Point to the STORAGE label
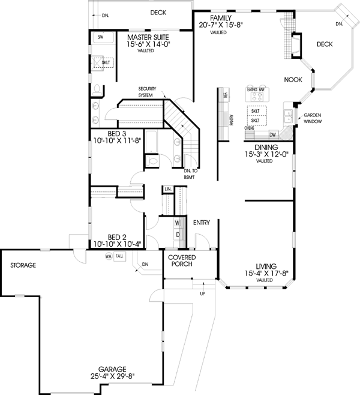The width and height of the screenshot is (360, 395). point(23,265)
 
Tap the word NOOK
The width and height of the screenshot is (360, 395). point(293,79)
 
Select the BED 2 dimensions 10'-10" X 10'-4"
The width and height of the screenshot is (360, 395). point(116,244)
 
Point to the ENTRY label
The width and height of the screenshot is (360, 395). point(201,223)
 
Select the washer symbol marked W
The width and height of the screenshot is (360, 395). point(178,223)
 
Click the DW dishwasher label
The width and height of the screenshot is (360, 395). point(272,135)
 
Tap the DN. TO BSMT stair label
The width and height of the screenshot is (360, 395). point(195,173)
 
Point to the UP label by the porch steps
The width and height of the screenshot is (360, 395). point(202,294)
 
